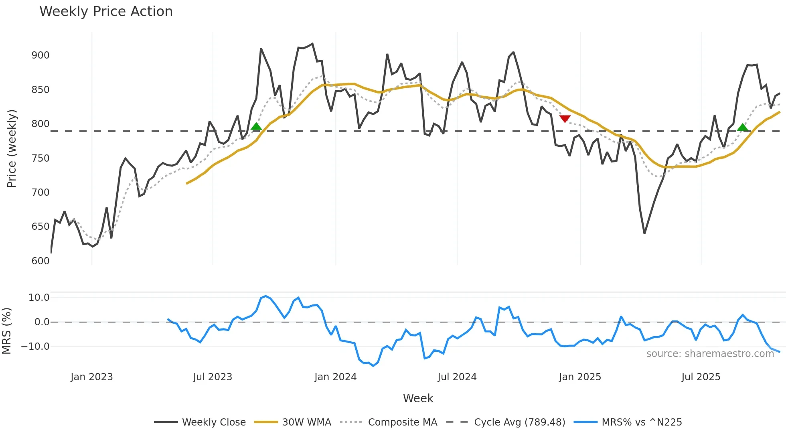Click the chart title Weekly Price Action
click(x=106, y=12)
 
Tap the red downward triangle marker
click(x=565, y=119)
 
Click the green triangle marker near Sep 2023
click(x=256, y=127)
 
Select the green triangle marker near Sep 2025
click(x=743, y=128)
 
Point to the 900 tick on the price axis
click(x=41, y=55)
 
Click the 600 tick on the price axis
click(x=41, y=261)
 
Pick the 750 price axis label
click(x=41, y=158)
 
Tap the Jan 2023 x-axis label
click(x=91, y=377)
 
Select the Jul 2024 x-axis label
click(x=457, y=377)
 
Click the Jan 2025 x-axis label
click(x=579, y=377)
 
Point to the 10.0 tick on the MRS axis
click(x=39, y=298)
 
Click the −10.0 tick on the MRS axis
click(x=35, y=347)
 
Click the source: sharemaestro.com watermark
click(x=710, y=354)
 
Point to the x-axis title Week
click(x=418, y=398)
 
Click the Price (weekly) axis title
click(x=12, y=148)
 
